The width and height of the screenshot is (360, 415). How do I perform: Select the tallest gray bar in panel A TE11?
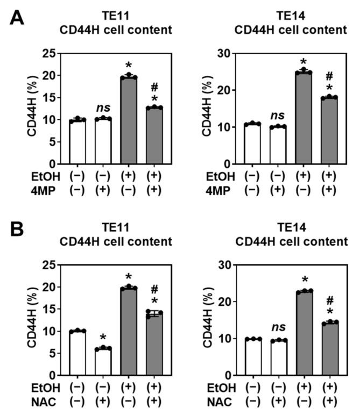coord(129,120)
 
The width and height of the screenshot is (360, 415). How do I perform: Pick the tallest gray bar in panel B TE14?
coord(304,333)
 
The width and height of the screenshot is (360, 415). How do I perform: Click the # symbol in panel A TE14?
coord(330,77)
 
